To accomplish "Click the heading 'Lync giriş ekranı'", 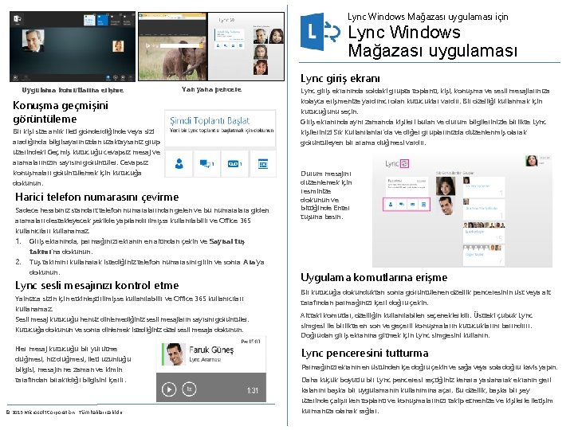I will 340,79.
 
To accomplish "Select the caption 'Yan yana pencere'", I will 212,89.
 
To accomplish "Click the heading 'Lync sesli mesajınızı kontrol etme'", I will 97,285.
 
